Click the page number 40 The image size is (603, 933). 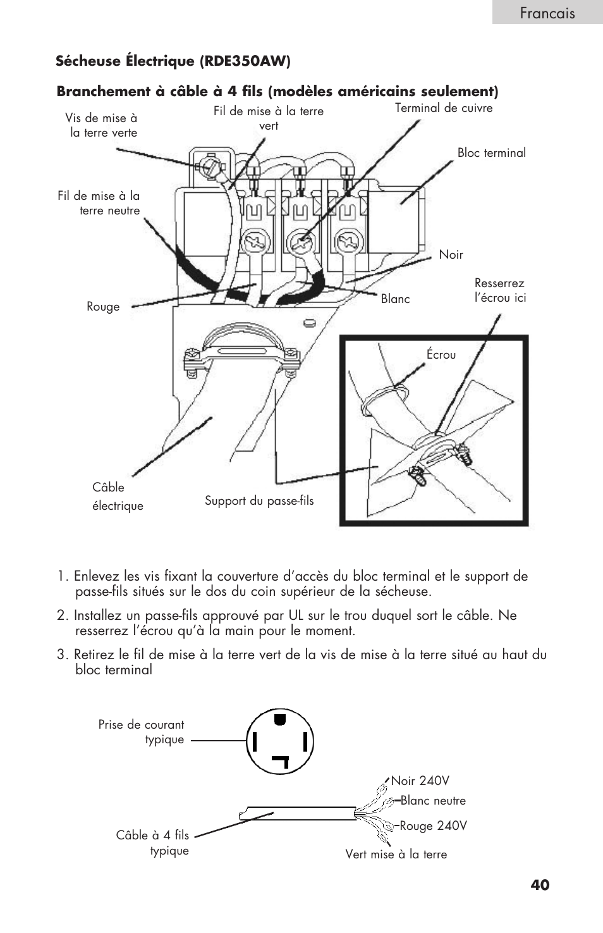tap(540, 884)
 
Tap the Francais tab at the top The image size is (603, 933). tap(547, 13)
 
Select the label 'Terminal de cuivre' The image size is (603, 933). tap(444, 108)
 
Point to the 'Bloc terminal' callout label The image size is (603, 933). tap(491, 152)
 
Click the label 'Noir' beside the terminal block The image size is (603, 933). tap(451, 254)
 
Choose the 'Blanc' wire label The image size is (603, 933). tap(395, 299)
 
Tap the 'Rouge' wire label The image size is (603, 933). tap(103, 307)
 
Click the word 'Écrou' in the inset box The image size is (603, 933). tap(441, 354)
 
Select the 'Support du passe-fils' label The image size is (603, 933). tap(259, 501)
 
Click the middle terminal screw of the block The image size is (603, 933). tap(300, 241)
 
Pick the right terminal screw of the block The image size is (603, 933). tap(347, 241)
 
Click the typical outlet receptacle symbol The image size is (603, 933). tap(279, 741)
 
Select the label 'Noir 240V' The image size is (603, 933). tap(420, 781)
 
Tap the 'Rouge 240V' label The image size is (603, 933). tap(433, 825)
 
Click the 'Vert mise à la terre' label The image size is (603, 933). tap(396, 854)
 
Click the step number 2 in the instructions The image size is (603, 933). tap(61, 615)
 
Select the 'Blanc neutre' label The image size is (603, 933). tap(433, 800)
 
